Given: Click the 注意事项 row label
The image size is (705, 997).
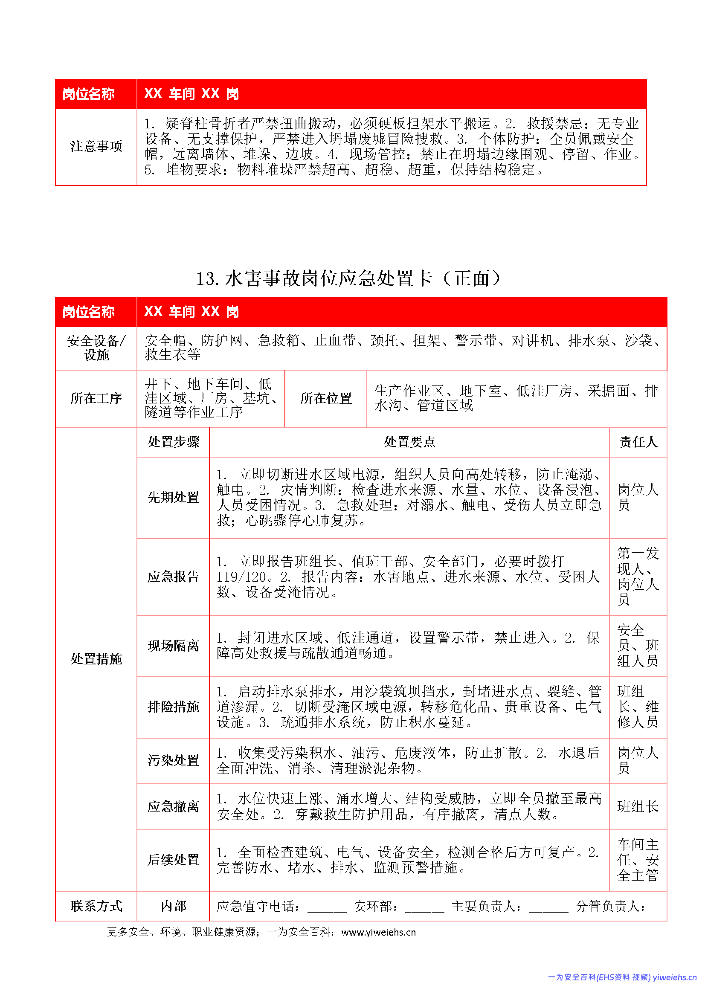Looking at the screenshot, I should tap(96, 146).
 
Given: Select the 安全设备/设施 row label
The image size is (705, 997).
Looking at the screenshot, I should tap(96, 348).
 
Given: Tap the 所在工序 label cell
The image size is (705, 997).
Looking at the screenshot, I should tap(96, 398).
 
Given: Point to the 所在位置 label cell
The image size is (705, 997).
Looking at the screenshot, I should tap(325, 398).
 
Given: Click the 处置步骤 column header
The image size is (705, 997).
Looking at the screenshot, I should tap(173, 442).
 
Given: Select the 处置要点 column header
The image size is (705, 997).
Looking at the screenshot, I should tap(409, 442).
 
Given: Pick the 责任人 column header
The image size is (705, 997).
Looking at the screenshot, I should tap(638, 442).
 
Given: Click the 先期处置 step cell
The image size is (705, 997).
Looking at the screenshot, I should tap(173, 497).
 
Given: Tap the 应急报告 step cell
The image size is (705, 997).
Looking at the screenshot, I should tap(173, 577).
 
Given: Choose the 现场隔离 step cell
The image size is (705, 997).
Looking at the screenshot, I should tap(173, 646).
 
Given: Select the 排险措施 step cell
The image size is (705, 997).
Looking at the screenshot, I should tap(173, 707).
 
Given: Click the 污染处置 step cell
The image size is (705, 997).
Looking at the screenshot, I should tap(173, 760).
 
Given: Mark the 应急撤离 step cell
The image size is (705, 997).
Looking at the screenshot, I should tap(173, 806).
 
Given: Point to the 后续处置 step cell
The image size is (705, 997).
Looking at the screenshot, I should tap(173, 860).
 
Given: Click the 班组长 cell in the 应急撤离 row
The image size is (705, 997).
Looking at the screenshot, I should tap(638, 806).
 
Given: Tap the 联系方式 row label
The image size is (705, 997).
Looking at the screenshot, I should tap(96, 906).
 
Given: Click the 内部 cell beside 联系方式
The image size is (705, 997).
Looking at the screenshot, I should tap(173, 906).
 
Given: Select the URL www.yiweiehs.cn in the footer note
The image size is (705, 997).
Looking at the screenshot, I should tap(378, 932).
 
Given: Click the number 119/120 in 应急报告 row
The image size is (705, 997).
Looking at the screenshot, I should tap(241, 577).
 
